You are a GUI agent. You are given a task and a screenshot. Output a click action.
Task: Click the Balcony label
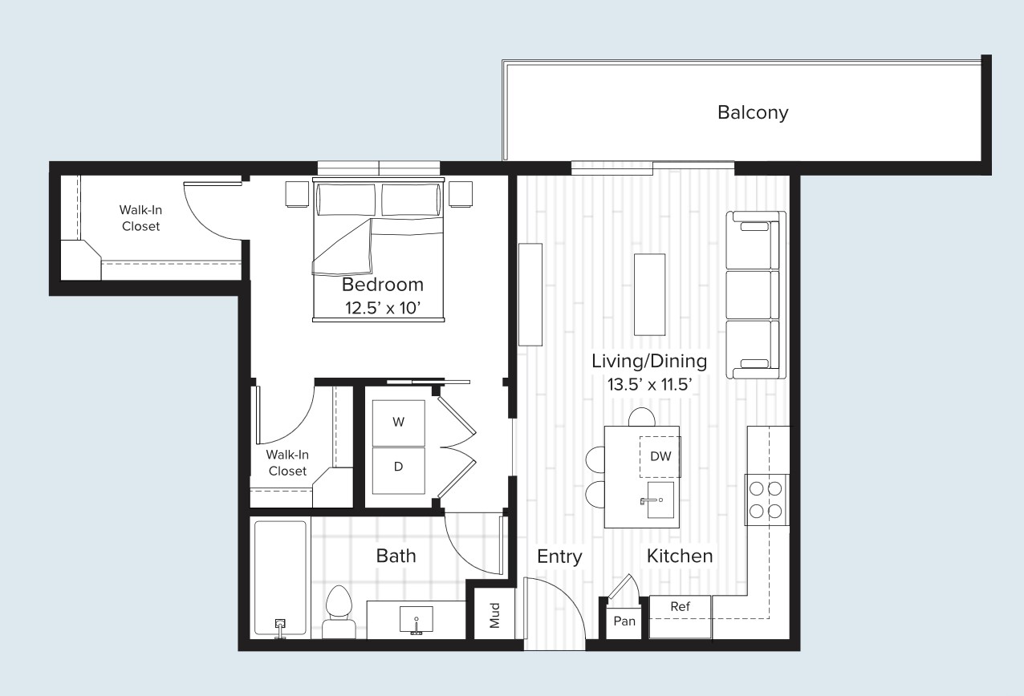pos(752,112)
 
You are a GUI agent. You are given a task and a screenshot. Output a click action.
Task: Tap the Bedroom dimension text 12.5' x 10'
pos(382,309)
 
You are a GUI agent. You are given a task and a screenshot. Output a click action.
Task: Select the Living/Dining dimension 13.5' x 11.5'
pos(649,384)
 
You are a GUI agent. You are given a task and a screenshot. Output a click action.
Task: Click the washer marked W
pos(398,423)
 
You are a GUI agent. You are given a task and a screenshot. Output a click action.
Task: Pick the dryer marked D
pos(398,466)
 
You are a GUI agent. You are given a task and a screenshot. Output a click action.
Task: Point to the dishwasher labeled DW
pos(660,457)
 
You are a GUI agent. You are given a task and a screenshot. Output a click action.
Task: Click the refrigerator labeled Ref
pos(680,607)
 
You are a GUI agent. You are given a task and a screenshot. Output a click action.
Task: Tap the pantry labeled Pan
pos(624,621)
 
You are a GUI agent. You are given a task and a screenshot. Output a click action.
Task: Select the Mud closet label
pos(494,615)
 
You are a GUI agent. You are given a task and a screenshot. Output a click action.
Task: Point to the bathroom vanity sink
pos(417,619)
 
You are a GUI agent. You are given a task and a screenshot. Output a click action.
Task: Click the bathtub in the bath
pos(280,577)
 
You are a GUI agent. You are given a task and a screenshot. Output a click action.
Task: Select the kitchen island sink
pos(660,500)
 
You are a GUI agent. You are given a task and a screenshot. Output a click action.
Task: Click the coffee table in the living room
pos(649,294)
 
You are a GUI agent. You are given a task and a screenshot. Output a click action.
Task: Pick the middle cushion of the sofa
pos(752,294)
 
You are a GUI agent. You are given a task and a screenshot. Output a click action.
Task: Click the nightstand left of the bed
pos(297,194)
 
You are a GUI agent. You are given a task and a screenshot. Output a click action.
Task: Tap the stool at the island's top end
pos(642,417)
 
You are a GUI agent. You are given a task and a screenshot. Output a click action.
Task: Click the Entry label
pos(559,556)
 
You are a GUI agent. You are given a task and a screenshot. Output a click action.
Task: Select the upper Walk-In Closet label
pos(140,218)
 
